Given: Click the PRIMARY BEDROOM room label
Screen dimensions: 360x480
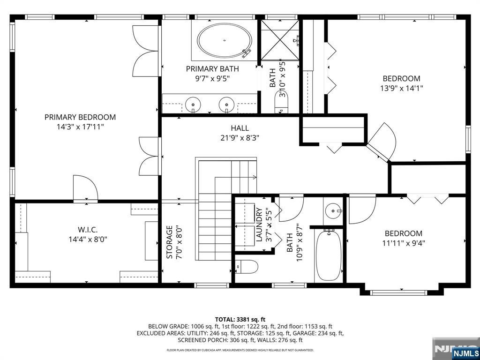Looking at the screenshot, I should pos(80,117).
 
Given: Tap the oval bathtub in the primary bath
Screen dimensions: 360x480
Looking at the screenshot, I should pos(224,41).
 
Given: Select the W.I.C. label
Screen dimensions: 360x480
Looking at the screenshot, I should pos(88,230).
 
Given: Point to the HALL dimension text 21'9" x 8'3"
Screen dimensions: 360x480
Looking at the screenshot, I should pos(240,138).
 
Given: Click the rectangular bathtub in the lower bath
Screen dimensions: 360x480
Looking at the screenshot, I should pos(328,255).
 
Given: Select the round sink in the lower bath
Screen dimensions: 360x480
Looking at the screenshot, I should pos(333,210).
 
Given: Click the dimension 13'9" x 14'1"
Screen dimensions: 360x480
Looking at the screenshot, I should pos(401,88).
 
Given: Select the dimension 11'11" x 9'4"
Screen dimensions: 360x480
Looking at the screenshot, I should pos(403,243).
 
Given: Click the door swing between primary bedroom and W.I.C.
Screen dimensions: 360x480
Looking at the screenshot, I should pos(86,188).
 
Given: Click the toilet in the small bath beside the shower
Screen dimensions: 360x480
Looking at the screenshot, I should pos(282,104).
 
